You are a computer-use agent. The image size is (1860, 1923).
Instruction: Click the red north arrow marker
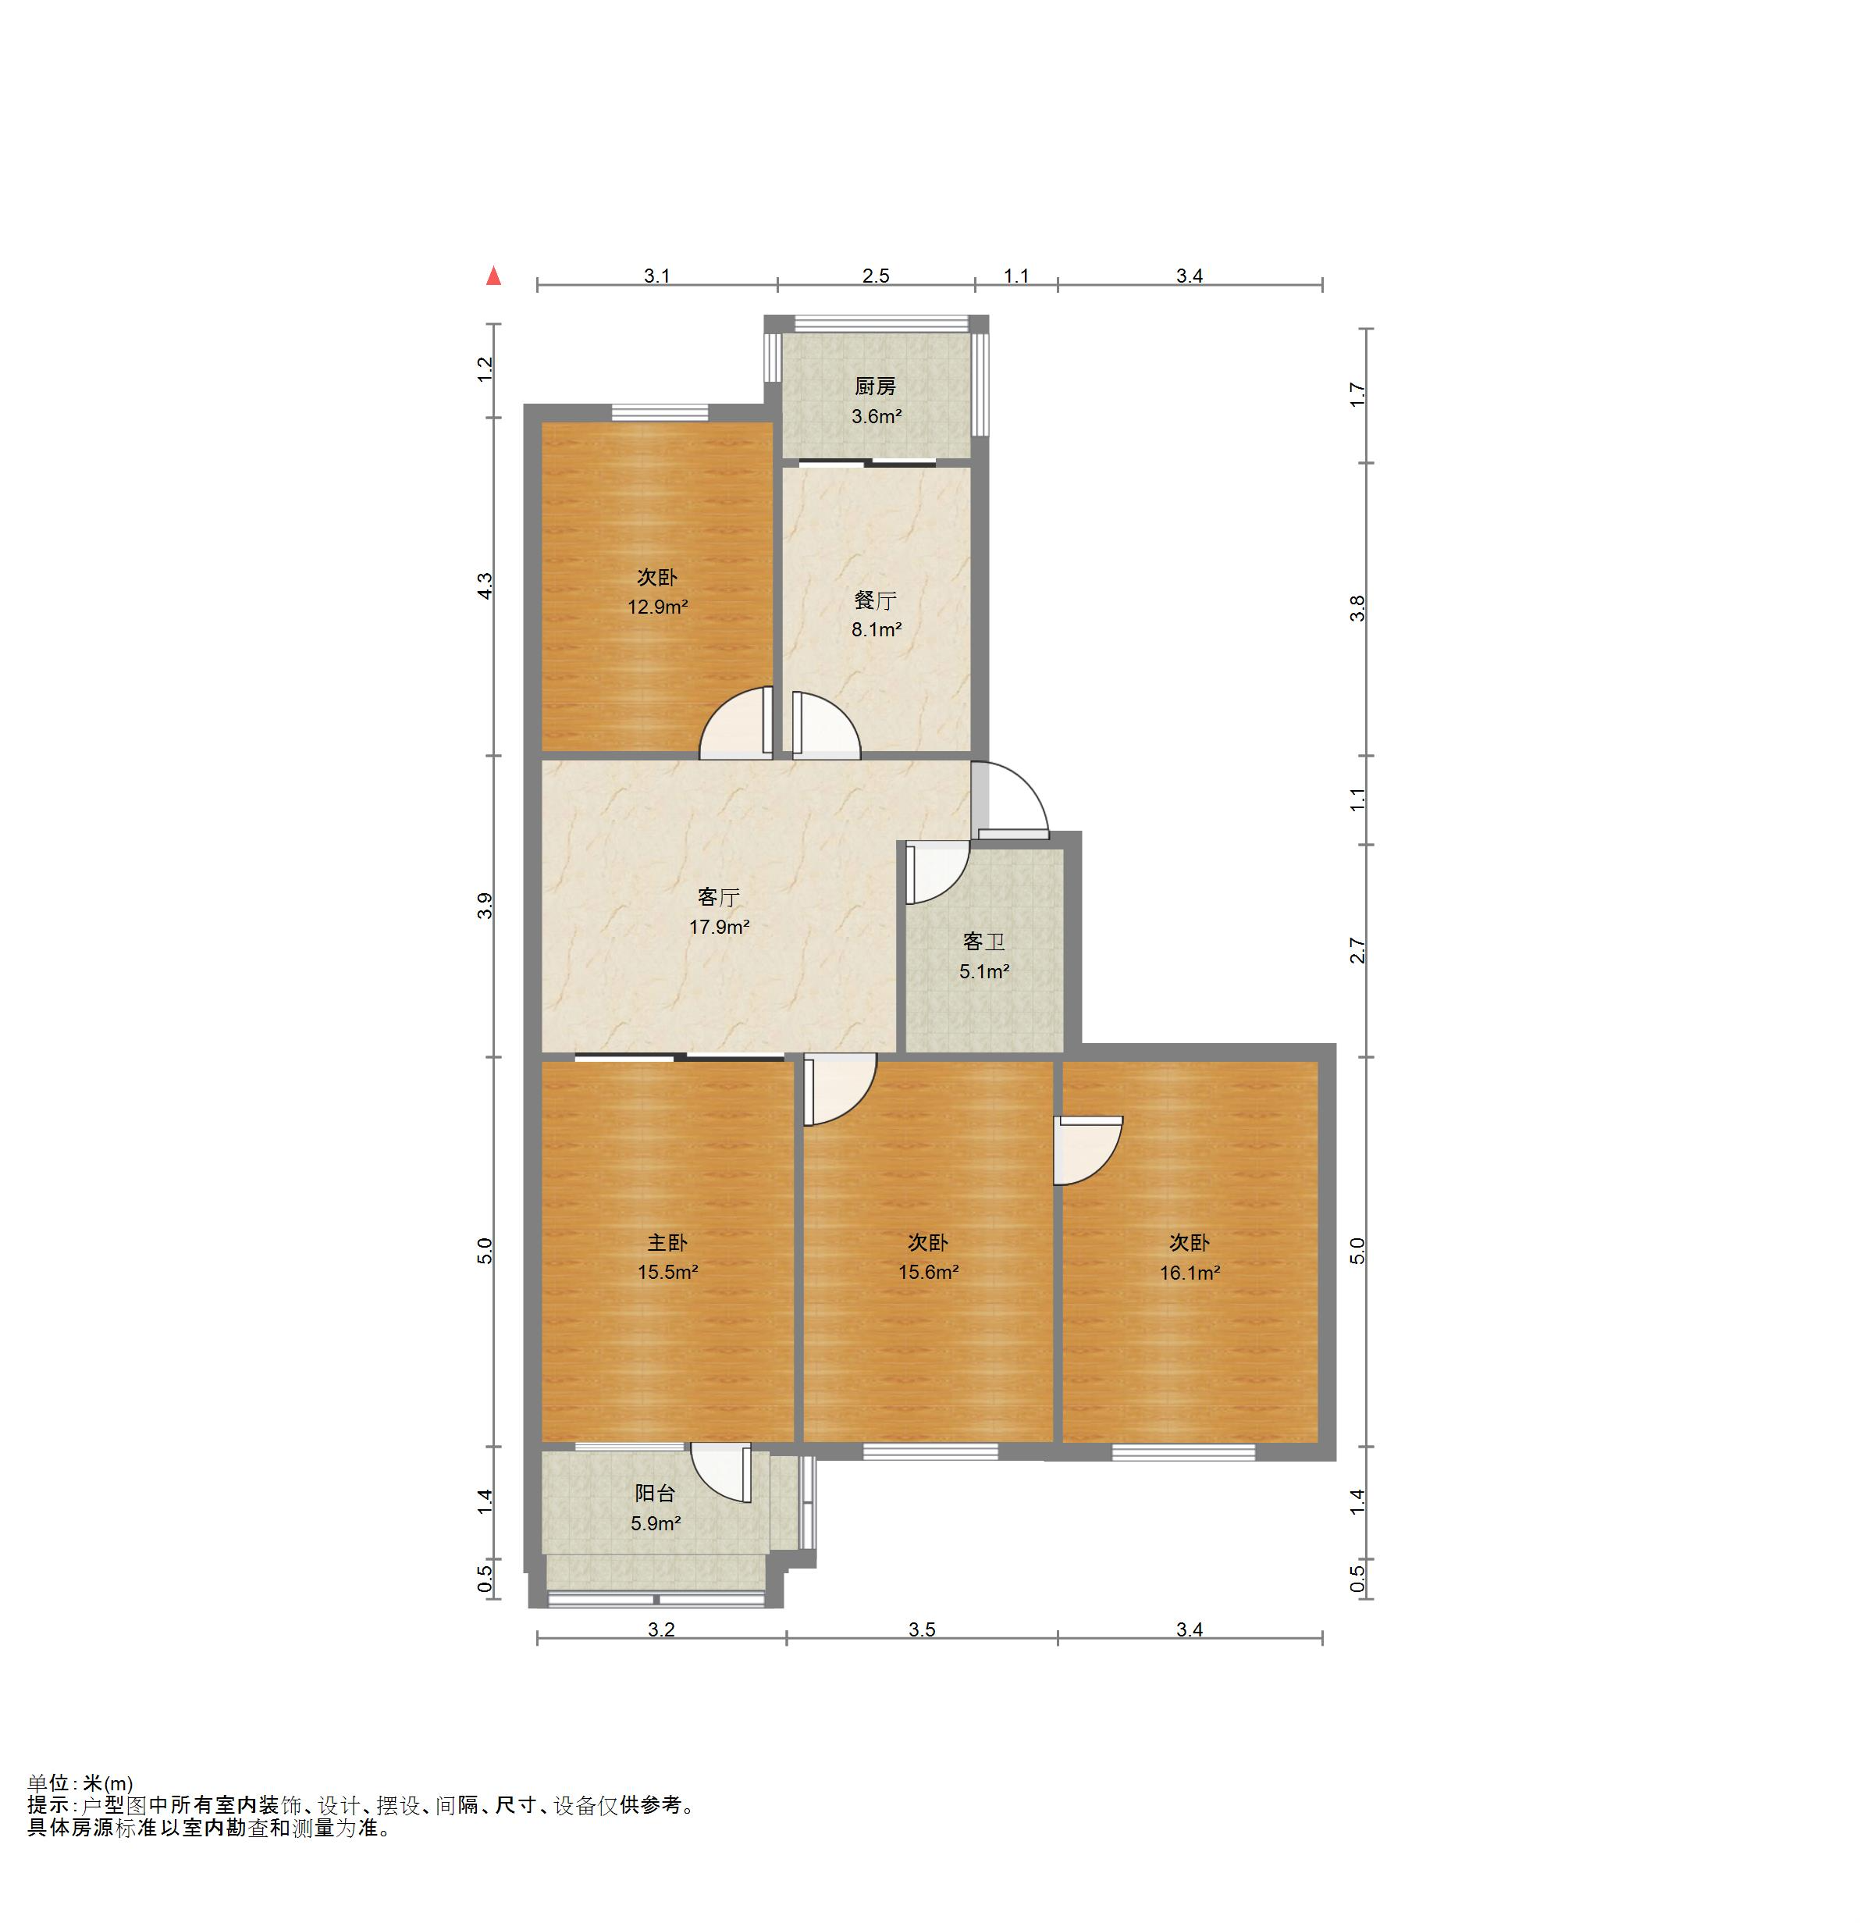click(493, 276)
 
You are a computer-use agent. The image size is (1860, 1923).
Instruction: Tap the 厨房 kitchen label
click(875, 386)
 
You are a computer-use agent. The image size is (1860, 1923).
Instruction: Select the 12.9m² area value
click(657, 607)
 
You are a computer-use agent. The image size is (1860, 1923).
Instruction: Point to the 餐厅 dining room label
click(875, 600)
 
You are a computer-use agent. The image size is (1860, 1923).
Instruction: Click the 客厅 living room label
click(718, 898)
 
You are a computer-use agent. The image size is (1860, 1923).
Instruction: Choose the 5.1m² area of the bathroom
click(984, 971)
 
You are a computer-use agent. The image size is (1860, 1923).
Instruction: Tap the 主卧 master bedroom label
click(667, 1243)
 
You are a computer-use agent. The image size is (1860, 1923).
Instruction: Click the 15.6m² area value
click(928, 1273)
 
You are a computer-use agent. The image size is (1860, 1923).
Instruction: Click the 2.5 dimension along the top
click(875, 276)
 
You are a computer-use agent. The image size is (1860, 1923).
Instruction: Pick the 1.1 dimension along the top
click(1016, 276)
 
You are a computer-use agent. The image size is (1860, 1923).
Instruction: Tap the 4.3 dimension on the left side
click(485, 586)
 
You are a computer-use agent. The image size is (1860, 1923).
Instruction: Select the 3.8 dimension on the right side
click(1357, 608)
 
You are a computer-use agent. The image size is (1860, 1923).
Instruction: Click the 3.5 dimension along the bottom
click(921, 1629)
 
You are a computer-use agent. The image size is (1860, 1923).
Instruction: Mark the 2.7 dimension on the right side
click(1357, 951)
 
